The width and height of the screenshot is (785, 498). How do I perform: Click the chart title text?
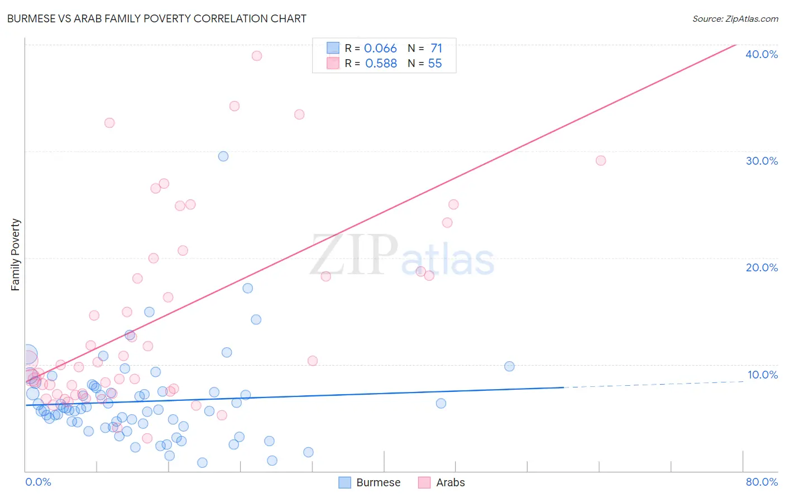pos(156,18)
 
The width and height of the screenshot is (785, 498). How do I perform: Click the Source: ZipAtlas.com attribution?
pos(735,18)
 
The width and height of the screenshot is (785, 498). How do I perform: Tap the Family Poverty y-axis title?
pos(16,255)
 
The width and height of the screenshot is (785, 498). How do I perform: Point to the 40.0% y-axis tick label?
pos(762,54)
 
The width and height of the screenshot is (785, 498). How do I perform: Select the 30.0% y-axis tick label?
pos(762,161)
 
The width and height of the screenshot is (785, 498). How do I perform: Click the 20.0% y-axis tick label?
pos(762,267)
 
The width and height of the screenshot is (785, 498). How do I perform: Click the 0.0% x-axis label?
pos(38,482)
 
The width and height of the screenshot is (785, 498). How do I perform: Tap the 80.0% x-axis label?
pos(762,482)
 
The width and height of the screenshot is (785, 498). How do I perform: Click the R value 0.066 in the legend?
pos(380,49)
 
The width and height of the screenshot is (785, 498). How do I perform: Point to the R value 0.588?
pos(381,64)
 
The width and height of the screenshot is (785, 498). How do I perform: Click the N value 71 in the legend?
pos(436,49)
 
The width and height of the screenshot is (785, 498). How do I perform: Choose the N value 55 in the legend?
pos(435,64)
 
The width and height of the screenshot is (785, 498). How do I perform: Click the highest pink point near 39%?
pos(257,56)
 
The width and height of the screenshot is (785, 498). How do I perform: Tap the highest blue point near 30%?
pos(223,156)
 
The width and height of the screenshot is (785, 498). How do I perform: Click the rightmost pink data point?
pos(601,161)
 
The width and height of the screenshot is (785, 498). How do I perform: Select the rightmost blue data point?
pos(509,366)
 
